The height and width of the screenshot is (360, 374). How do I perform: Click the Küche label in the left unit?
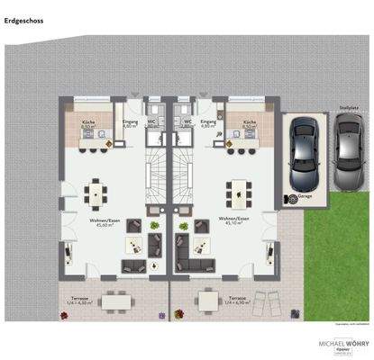87,122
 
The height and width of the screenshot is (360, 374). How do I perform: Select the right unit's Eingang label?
208,122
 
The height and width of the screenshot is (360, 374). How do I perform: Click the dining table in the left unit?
94,192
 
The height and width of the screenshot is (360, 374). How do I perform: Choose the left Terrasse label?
81,300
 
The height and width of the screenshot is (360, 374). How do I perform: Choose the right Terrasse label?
237,300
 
